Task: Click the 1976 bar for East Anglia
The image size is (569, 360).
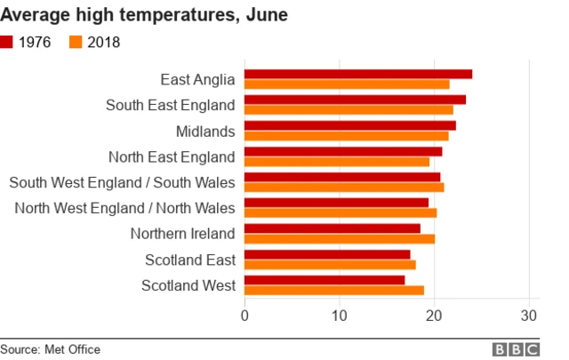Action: coord(358,74)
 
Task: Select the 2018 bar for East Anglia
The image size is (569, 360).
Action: coord(347,84)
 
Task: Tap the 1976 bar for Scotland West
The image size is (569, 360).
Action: coord(325,280)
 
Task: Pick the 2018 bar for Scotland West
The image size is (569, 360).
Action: coord(334,291)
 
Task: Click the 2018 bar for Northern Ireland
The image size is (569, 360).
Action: coord(340,238)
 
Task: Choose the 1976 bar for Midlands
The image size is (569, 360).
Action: coord(350,125)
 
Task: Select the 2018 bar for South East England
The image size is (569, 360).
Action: coord(349,109)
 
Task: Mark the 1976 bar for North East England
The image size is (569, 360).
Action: coord(343,151)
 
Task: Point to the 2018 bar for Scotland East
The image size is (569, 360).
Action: coord(330,265)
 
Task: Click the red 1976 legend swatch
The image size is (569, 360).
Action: coord(7,42)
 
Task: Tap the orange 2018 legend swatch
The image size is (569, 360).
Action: coord(76,42)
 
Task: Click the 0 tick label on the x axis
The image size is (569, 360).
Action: coord(244,316)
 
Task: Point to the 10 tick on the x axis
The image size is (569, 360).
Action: coord(340,316)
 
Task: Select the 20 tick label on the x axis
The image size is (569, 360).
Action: coord(434,316)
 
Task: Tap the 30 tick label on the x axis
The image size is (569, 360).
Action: coord(529,316)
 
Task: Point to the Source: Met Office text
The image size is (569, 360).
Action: coord(51,349)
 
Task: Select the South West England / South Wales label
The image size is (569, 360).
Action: coord(122,182)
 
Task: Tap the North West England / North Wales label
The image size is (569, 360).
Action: coord(125,208)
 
